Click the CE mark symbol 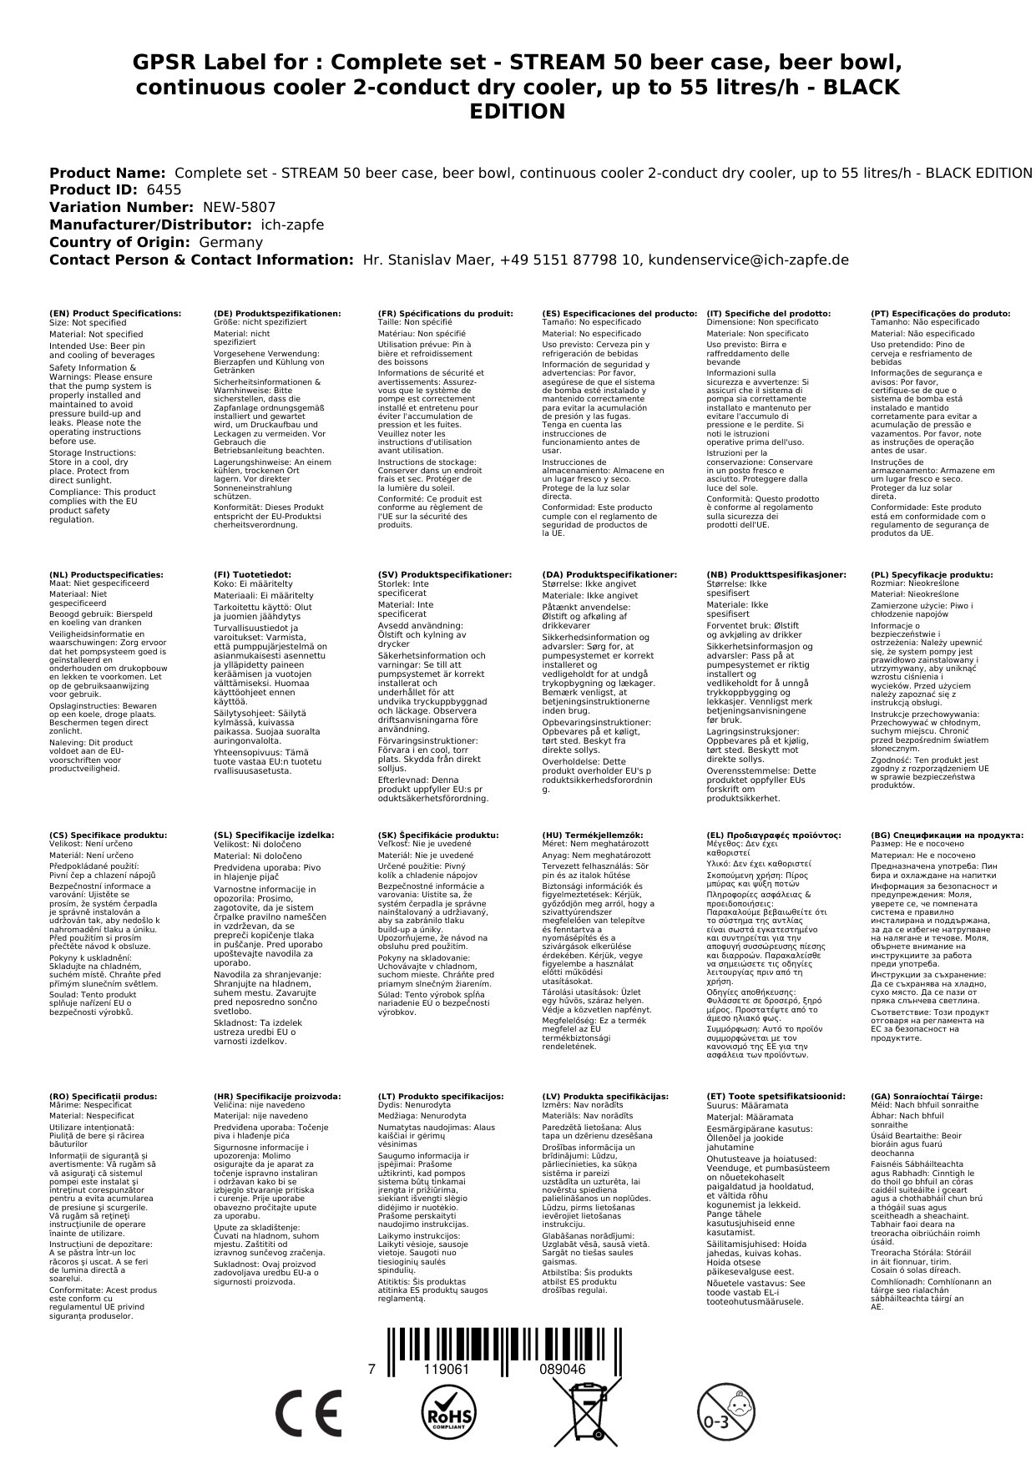pos(308,1412)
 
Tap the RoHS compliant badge pos(448,1411)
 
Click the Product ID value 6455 pos(164,189)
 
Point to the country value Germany pos(230,242)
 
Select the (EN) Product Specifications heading pos(115,314)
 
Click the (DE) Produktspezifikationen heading pos(277,314)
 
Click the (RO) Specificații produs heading pos(104,1096)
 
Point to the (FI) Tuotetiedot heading pos(252,575)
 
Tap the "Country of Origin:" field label pos(122,242)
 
